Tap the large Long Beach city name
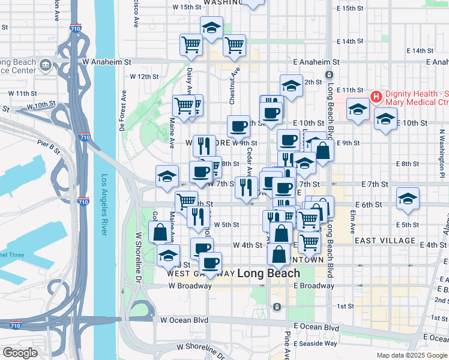point(268,274)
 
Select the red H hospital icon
point(376,96)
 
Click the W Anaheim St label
point(107,62)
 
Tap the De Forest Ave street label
point(122,111)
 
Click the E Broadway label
point(314,286)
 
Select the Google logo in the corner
point(20,353)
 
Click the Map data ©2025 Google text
point(411,355)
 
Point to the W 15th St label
point(186,8)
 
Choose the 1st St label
point(345,307)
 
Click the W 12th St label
point(144,77)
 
